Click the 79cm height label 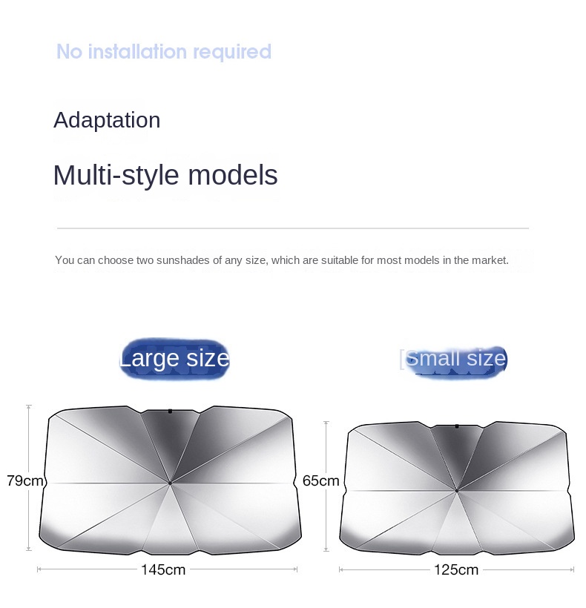pyautogui.click(x=24, y=480)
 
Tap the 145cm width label pyautogui.click(x=163, y=569)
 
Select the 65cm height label pyautogui.click(x=320, y=480)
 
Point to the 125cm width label pyautogui.click(x=456, y=569)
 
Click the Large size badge pyautogui.click(x=174, y=358)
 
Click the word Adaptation pyautogui.click(x=107, y=120)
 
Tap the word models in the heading pyautogui.click(x=233, y=175)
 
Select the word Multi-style pyautogui.click(x=116, y=175)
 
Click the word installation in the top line pyautogui.click(x=137, y=52)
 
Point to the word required pyautogui.click(x=232, y=53)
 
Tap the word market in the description pyautogui.click(x=492, y=260)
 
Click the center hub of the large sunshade pyautogui.click(x=170, y=483)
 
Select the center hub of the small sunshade pyautogui.click(x=457, y=491)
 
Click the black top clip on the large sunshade pyautogui.click(x=170, y=411)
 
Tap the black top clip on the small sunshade pyautogui.click(x=457, y=426)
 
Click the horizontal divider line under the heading pyautogui.click(x=293, y=228)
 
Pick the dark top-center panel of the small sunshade pyautogui.click(x=457, y=454)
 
